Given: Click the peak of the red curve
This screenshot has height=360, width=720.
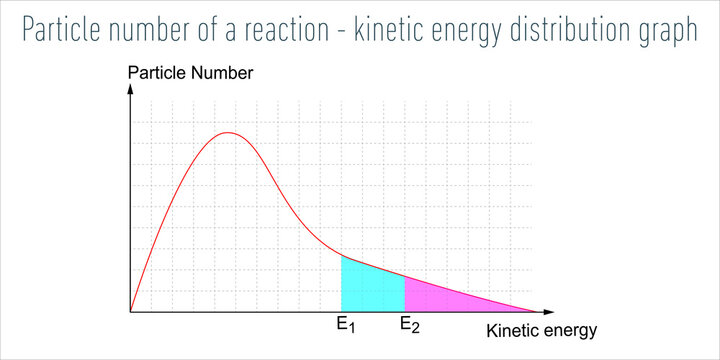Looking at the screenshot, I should coord(229,133).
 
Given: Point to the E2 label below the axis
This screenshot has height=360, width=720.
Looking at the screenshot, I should coord(410,325).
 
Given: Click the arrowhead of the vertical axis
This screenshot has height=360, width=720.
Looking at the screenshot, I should coord(130,89).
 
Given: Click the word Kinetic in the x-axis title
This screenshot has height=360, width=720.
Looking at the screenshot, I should coord(510,330).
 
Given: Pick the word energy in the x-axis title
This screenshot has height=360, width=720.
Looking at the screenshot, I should coord(571,332).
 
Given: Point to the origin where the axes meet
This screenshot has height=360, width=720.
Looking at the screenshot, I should coord(130,312).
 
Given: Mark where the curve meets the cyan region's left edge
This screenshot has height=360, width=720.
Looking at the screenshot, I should coord(342,256).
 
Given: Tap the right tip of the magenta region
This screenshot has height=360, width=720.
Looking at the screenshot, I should coord(533,311).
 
